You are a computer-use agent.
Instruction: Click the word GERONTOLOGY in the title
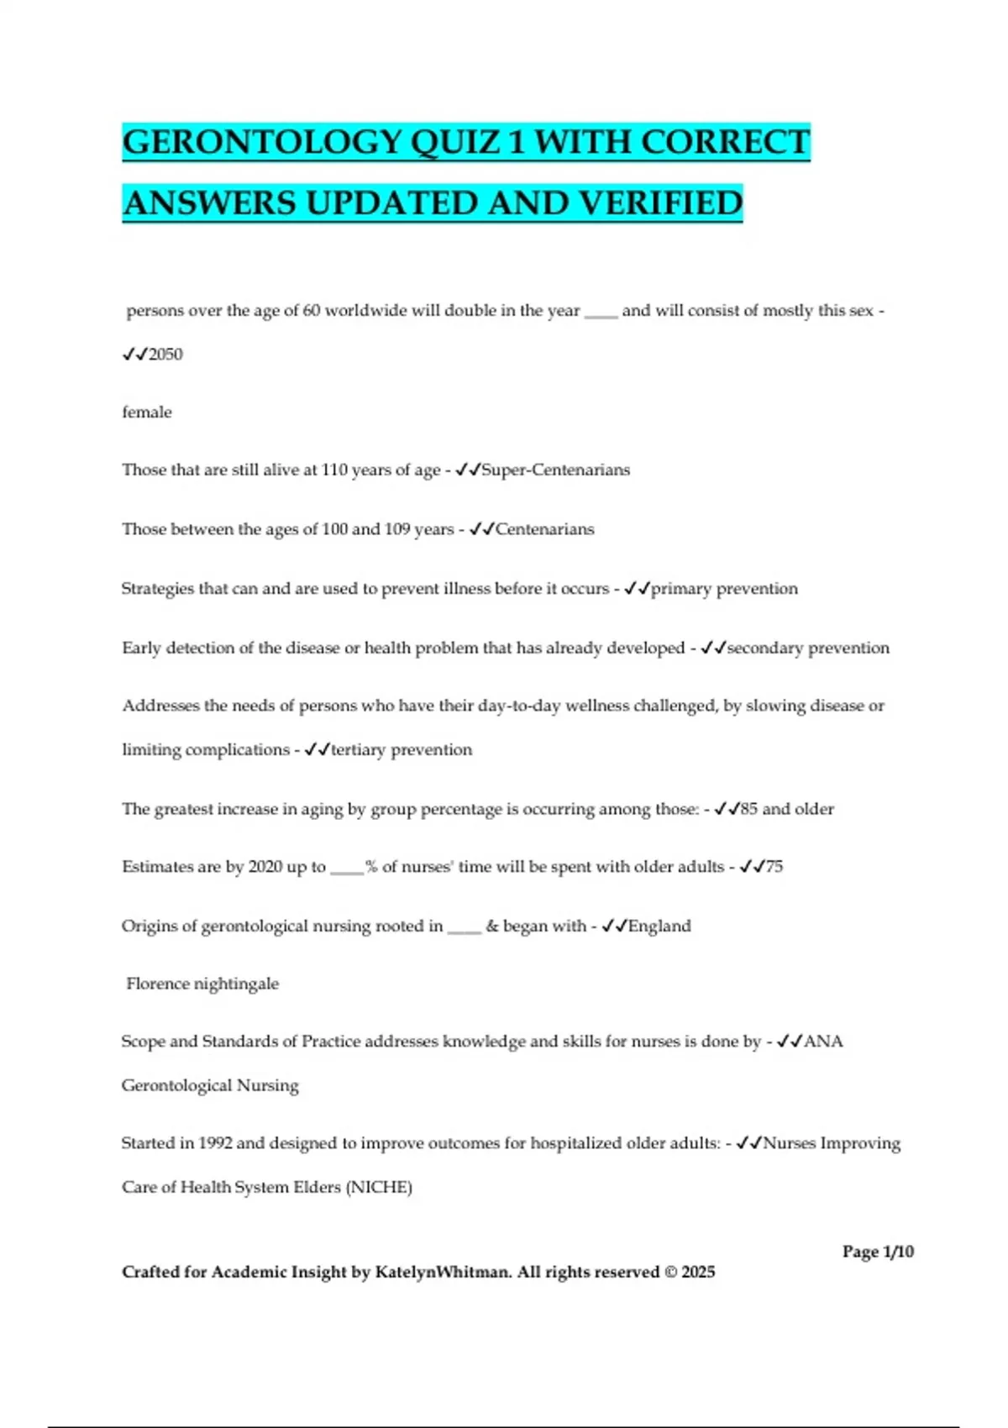pos(261,142)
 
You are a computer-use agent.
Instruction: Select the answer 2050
pos(165,354)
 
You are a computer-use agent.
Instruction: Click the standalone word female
pos(147,412)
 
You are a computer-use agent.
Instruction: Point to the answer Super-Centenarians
pos(555,470)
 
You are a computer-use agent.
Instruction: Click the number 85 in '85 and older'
pos(748,809)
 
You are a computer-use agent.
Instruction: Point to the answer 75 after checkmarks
pos(774,867)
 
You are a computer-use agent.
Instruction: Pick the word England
pos(659,926)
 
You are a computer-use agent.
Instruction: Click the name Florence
pos(158,984)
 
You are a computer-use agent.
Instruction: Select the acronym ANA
pos(823,1042)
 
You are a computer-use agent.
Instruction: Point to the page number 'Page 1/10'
pos(878,1252)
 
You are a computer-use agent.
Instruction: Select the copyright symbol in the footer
pos(670,1272)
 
